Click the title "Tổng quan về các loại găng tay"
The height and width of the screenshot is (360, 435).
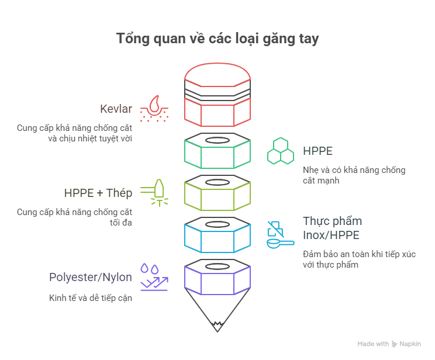[217, 39]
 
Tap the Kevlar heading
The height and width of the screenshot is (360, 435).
[116, 109]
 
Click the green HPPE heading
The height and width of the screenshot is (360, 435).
[317, 151]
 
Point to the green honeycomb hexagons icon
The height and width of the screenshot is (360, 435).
[281, 151]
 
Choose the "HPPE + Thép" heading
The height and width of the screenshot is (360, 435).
[98, 193]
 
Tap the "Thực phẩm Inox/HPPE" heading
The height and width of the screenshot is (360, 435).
[332, 227]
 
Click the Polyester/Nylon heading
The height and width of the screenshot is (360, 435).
[91, 277]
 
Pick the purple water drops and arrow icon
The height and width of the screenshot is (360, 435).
[154, 277]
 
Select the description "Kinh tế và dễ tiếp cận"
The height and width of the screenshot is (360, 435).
[90, 298]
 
